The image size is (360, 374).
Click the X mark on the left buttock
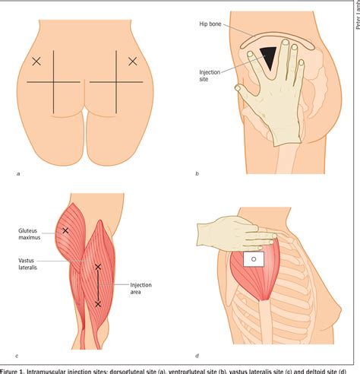pyautogui.click(x=36, y=61)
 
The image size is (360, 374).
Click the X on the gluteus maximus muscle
pyautogui.click(x=65, y=230)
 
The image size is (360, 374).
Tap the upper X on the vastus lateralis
pyautogui.click(x=98, y=267)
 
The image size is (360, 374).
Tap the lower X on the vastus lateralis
pyautogui.click(x=98, y=304)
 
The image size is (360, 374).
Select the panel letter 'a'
pyautogui.click(x=18, y=174)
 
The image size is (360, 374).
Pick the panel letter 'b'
pyautogui.click(x=197, y=174)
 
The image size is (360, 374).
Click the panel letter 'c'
pyautogui.click(x=17, y=355)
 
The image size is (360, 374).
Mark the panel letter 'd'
pyautogui.click(x=197, y=355)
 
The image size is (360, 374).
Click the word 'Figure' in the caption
pyautogui.click(x=10, y=369)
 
